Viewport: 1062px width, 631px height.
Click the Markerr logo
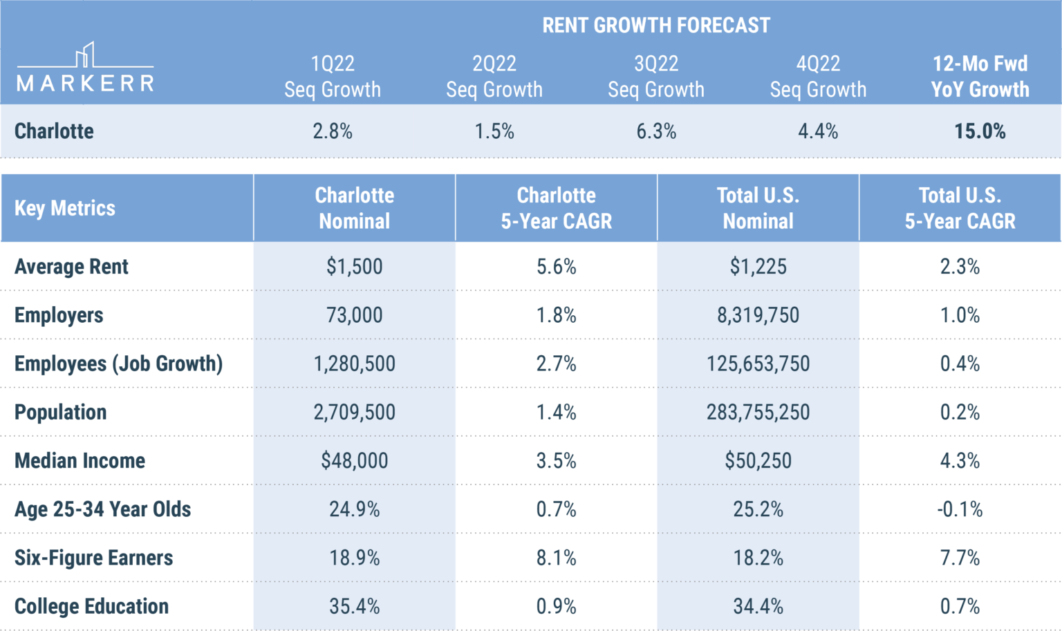coord(85,69)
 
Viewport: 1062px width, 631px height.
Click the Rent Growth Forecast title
coord(655,26)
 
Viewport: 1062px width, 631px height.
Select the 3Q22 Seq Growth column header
coord(655,77)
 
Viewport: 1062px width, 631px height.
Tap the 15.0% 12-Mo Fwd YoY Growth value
coord(979,131)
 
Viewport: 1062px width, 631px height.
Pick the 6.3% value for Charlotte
coord(655,131)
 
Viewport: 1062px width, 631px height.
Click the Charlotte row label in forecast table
coord(54,131)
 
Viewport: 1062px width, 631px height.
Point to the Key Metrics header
coord(65,208)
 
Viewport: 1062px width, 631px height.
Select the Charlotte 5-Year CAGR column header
coord(556,208)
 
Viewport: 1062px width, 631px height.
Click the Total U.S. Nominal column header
coord(758,208)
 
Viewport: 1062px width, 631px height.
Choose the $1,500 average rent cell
coord(354,267)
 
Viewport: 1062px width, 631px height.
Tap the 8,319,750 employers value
coord(758,315)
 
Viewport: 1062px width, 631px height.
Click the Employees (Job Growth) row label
coord(118,364)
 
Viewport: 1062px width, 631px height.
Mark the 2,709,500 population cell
coord(354,412)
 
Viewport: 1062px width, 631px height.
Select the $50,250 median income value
coord(758,460)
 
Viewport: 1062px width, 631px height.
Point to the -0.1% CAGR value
coord(960,509)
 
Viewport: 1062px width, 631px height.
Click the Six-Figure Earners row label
coord(93,558)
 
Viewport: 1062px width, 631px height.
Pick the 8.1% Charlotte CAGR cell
coord(556,558)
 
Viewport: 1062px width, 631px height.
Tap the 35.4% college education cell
coord(354,606)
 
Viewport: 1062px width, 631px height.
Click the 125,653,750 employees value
coord(758,364)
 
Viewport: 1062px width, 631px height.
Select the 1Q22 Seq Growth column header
coord(333,77)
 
